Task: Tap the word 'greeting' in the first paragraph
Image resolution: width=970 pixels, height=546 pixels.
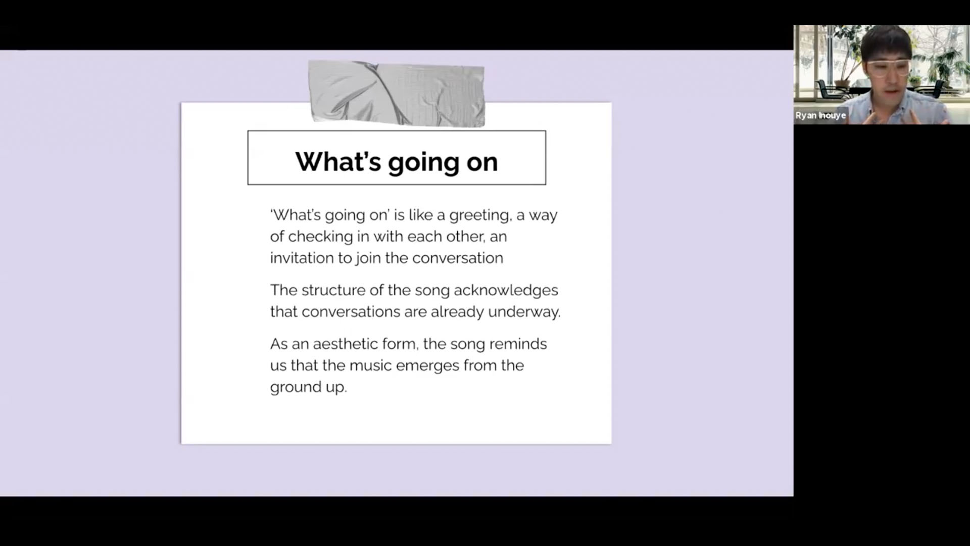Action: pyautogui.click(x=479, y=216)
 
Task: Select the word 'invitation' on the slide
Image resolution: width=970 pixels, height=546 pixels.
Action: pyautogui.click(x=302, y=258)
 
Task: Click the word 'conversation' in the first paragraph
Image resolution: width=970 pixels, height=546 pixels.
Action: pyautogui.click(x=458, y=258)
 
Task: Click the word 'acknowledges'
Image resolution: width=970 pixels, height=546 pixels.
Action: pyautogui.click(x=506, y=291)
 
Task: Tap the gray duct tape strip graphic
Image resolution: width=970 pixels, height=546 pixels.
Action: pyautogui.click(x=397, y=94)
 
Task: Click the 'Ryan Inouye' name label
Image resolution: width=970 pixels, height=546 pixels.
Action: pyautogui.click(x=820, y=115)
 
